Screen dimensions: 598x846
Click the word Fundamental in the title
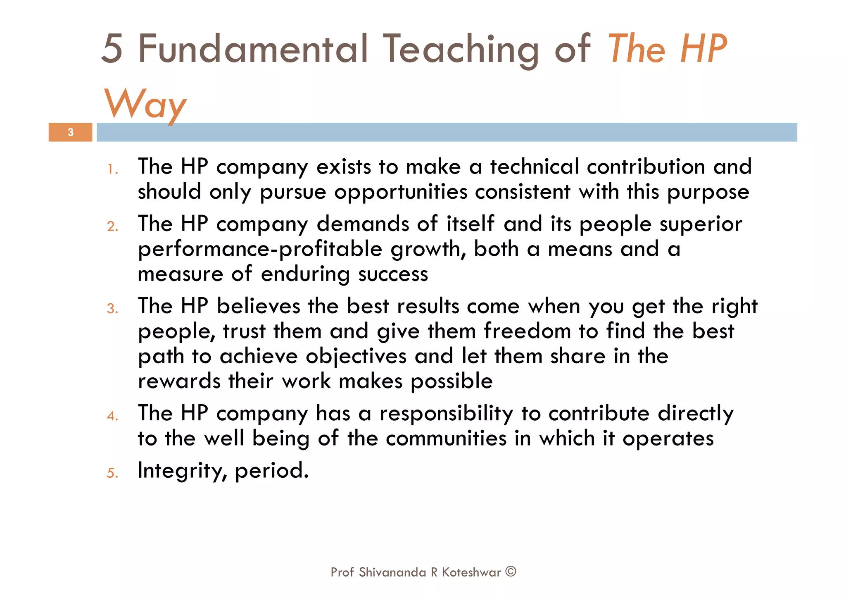pyautogui.click(x=252, y=49)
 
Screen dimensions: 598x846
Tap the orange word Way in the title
pyautogui.click(x=145, y=104)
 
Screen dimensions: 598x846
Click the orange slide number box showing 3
pyautogui.click(x=70, y=132)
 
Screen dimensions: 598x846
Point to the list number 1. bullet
pyautogui.click(x=113, y=169)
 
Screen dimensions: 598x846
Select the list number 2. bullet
pyautogui.click(x=113, y=226)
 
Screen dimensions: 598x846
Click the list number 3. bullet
pyautogui.click(x=113, y=309)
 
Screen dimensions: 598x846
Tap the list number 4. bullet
pyautogui.click(x=113, y=416)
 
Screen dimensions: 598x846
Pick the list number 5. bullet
pyautogui.click(x=113, y=473)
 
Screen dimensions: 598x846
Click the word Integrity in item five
pyautogui.click(x=181, y=471)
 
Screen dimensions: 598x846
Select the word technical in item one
pyautogui.click(x=535, y=167)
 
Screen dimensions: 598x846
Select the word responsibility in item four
pyautogui.click(x=446, y=414)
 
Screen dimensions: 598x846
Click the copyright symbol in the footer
pyautogui.click(x=511, y=572)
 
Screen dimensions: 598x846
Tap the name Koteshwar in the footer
pyautogui.click(x=471, y=572)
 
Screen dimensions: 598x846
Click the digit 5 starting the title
pyautogui.click(x=112, y=49)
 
